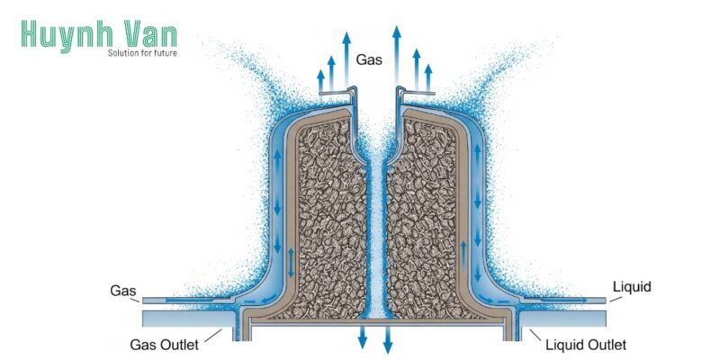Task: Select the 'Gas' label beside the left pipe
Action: click(123, 291)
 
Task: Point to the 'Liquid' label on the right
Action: click(631, 287)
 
